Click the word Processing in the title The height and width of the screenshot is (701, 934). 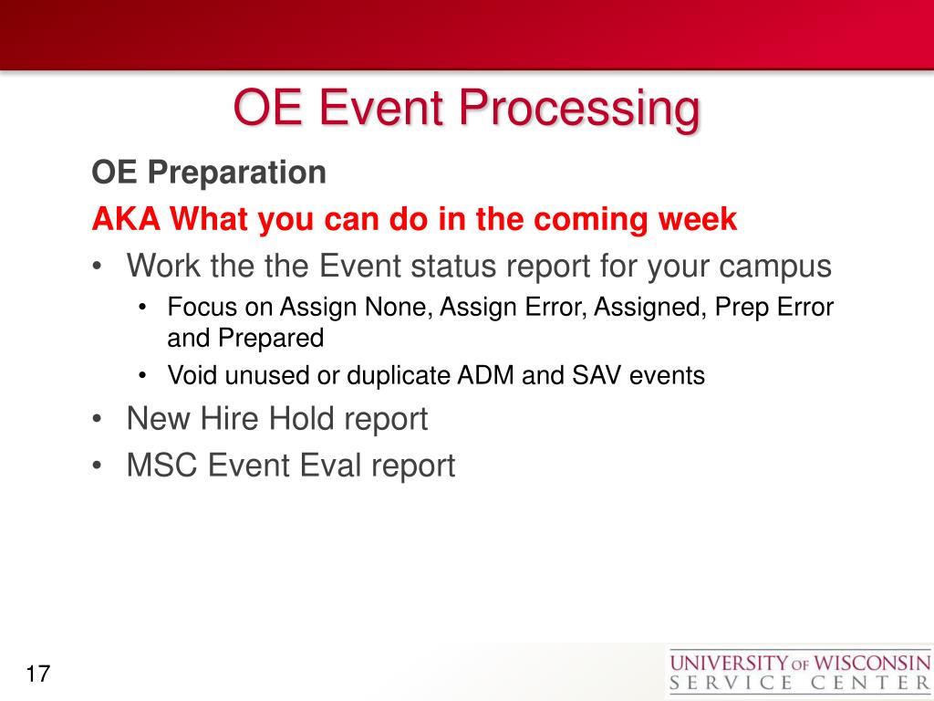pyautogui.click(x=579, y=109)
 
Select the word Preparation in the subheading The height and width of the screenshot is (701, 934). pyautogui.click(x=236, y=173)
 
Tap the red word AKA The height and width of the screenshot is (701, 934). pyautogui.click(x=126, y=219)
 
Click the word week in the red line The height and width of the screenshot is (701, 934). pyautogui.click(x=698, y=219)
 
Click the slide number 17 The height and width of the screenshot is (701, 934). pyautogui.click(x=37, y=674)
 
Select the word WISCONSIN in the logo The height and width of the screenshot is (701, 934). pyautogui.click(x=872, y=663)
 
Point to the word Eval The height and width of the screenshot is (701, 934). pyautogui.click(x=331, y=465)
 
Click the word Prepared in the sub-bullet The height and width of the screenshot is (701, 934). pyautogui.click(x=271, y=339)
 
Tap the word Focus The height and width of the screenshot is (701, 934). pyautogui.click(x=202, y=307)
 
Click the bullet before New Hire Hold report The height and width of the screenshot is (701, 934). pyautogui.click(x=98, y=418)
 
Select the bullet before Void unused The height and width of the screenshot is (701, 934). pyautogui.click(x=142, y=376)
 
